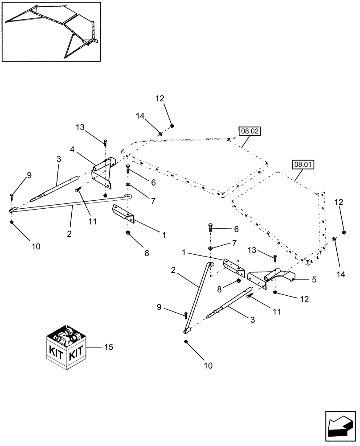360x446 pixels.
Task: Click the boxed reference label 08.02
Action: pyautogui.click(x=250, y=131)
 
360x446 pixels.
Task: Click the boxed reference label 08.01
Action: pyautogui.click(x=303, y=164)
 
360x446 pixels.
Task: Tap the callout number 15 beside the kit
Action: pyautogui.click(x=108, y=347)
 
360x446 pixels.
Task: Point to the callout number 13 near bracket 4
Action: pyautogui.click(x=80, y=127)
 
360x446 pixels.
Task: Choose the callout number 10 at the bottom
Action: pyautogui.click(x=209, y=366)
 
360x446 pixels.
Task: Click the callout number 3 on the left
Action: pyautogui.click(x=59, y=158)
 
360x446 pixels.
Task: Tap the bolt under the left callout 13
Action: pyautogui.click(x=105, y=142)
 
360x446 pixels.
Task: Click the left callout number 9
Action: pyautogui.click(x=29, y=175)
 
